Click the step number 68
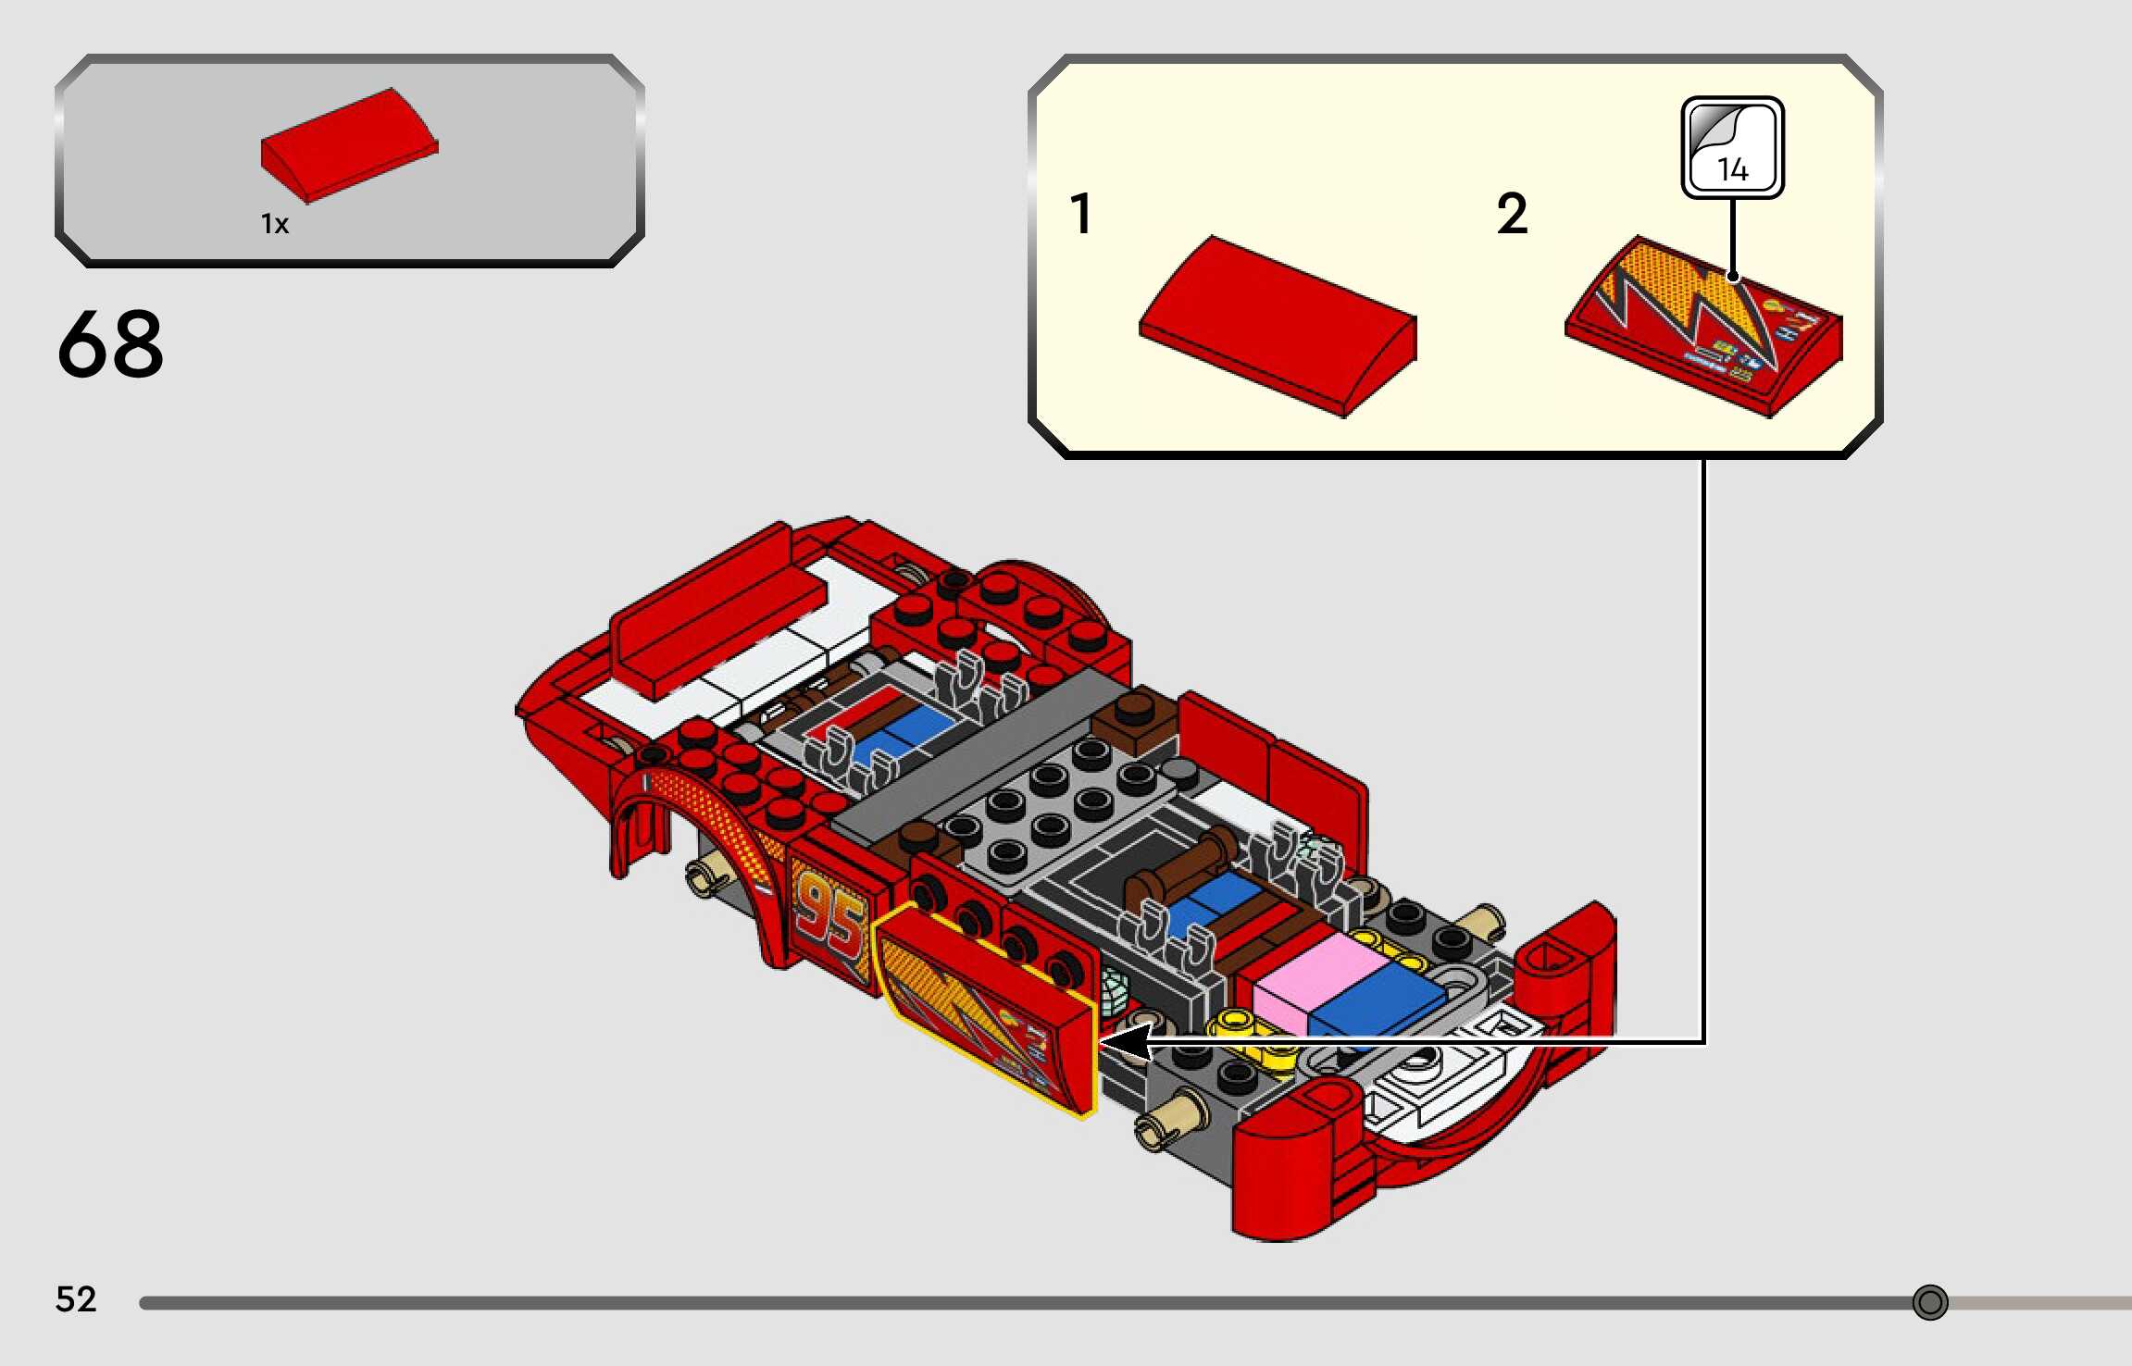click(111, 344)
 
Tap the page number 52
click(76, 1299)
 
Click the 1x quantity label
click(275, 224)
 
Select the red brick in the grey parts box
click(349, 145)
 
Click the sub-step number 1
click(1080, 214)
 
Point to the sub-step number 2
click(1512, 214)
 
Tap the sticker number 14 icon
click(1732, 148)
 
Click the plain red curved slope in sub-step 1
click(1278, 326)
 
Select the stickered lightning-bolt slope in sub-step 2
click(1703, 326)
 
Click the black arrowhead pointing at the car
click(1125, 1043)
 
